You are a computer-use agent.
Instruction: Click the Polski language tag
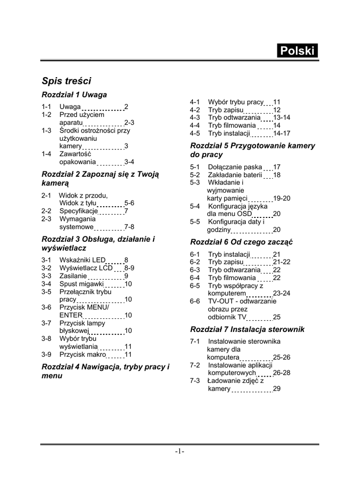point(297,51)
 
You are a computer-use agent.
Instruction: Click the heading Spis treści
point(67,81)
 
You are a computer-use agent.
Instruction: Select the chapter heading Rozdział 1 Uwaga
point(74,94)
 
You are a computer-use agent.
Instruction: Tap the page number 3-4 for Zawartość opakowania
point(129,162)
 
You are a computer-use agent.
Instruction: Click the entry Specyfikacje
point(79,211)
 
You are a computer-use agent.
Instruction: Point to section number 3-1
point(47,260)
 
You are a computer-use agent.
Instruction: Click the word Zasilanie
point(73,276)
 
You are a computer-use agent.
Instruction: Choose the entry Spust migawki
point(82,284)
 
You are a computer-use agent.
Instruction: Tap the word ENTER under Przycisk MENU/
point(71,315)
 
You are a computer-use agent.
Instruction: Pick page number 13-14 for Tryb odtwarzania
point(282,117)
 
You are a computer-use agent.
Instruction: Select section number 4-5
point(195,133)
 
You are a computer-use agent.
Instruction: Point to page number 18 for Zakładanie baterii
point(277,175)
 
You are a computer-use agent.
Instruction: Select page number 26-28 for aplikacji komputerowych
point(282,373)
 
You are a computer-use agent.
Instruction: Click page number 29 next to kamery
point(277,389)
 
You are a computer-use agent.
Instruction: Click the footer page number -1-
point(179,452)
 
